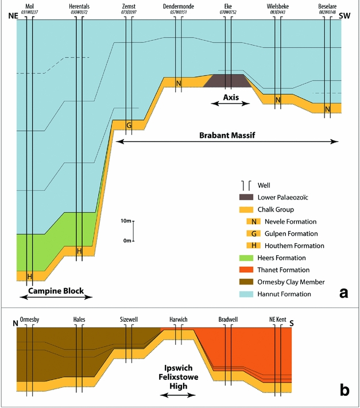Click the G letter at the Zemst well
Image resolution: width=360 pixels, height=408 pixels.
[129, 125]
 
